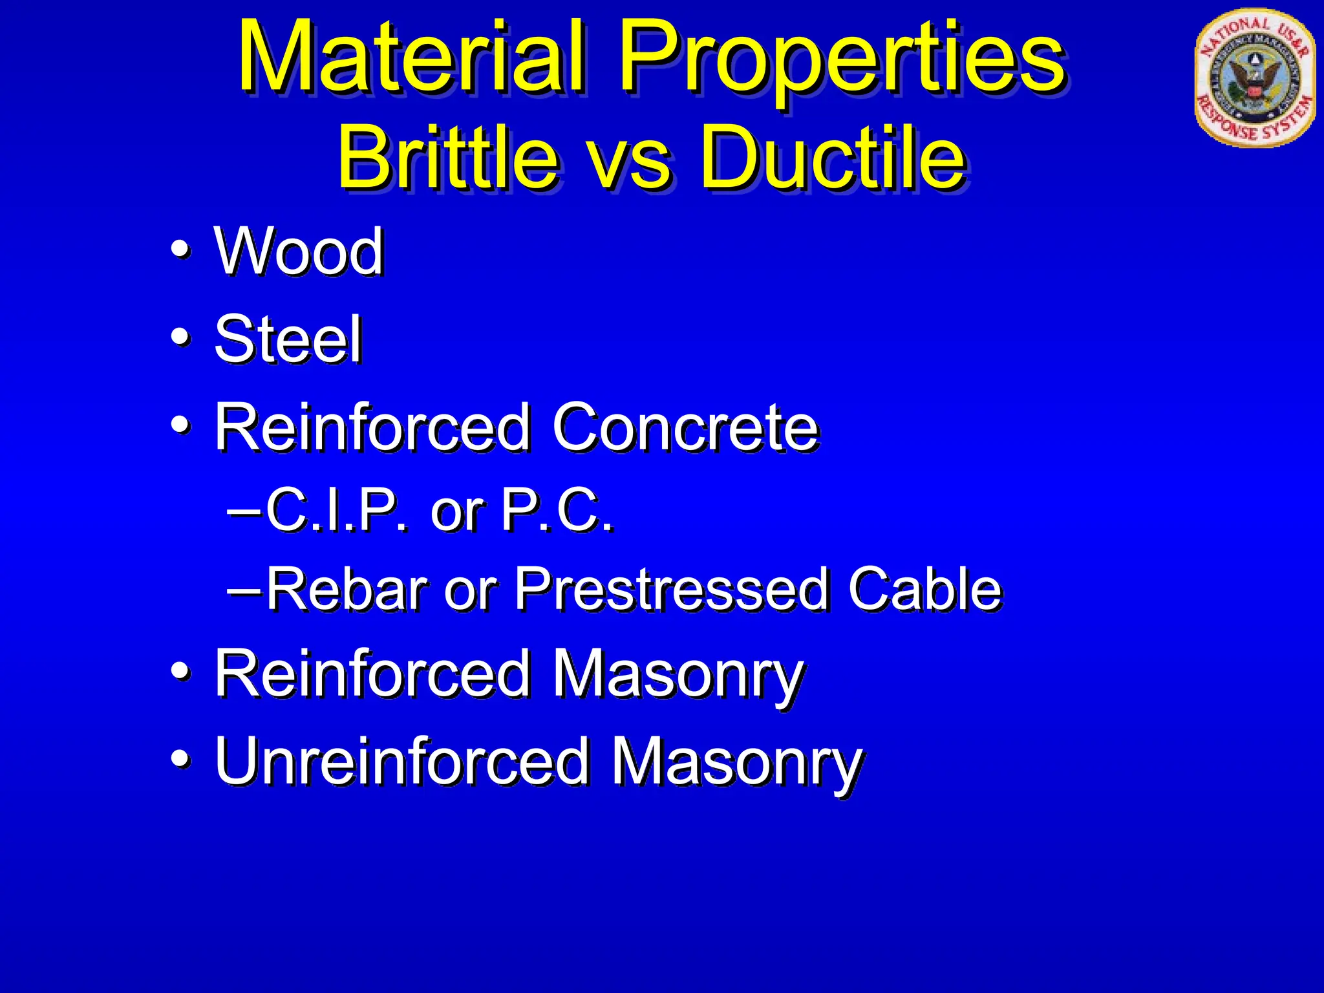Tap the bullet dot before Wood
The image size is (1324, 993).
pyautogui.click(x=180, y=250)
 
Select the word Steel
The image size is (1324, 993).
pyautogui.click(x=288, y=339)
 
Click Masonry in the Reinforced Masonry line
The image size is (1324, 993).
pyautogui.click(x=678, y=676)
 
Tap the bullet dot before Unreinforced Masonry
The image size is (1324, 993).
pyautogui.click(x=180, y=759)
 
